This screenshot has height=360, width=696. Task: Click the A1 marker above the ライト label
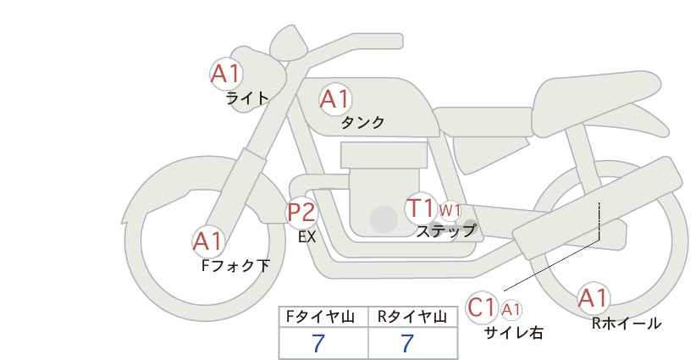pyautogui.click(x=226, y=74)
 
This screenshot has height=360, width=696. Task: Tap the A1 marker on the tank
pyautogui.click(x=335, y=99)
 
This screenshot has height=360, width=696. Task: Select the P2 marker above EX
pyautogui.click(x=301, y=212)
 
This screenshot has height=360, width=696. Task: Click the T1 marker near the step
pyautogui.click(x=421, y=208)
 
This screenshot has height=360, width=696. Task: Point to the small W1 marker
pyautogui.click(x=450, y=209)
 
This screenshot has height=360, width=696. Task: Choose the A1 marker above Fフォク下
pyautogui.click(x=207, y=242)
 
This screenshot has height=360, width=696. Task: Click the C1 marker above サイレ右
pyautogui.click(x=482, y=307)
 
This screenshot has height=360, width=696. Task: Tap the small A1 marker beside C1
pyautogui.click(x=511, y=309)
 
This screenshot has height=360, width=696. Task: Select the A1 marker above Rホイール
pyautogui.click(x=594, y=298)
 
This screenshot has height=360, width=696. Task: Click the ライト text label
pyautogui.click(x=247, y=98)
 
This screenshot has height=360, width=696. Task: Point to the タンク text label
pyautogui.click(x=362, y=122)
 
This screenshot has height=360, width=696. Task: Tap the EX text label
pyautogui.click(x=307, y=237)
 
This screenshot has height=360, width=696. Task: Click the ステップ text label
pyautogui.click(x=446, y=231)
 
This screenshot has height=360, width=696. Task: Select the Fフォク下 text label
pyautogui.click(x=235, y=265)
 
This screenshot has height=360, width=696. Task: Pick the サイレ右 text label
pyautogui.click(x=514, y=333)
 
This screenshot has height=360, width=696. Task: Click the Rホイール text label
pyautogui.click(x=627, y=324)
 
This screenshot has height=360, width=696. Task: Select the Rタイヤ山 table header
pyautogui.click(x=412, y=317)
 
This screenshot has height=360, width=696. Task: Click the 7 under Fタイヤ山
pyautogui.click(x=318, y=343)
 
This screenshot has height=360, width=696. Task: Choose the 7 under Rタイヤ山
pyautogui.click(x=407, y=343)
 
